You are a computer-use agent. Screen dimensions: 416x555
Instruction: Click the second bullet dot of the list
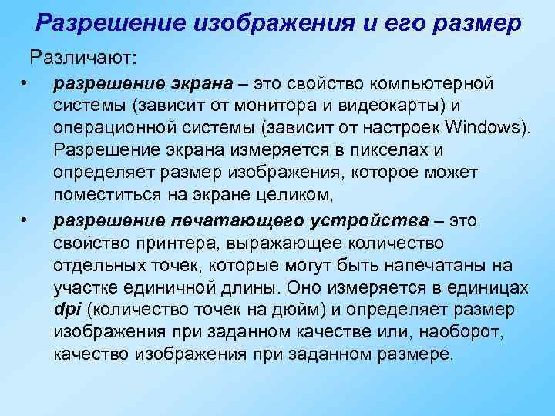coord(25,222)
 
